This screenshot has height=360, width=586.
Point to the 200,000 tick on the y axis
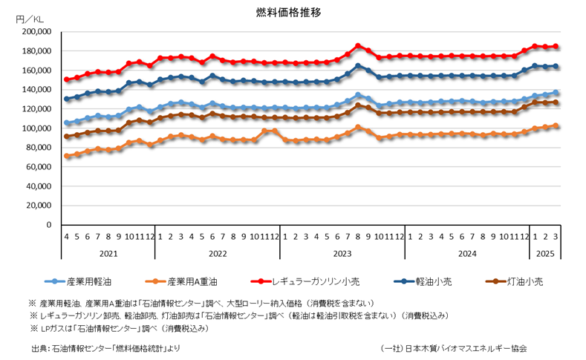click(x=36, y=32)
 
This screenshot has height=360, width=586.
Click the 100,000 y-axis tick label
click(x=36, y=128)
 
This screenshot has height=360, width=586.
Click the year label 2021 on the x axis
click(x=108, y=252)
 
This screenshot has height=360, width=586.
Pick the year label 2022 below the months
click(x=218, y=252)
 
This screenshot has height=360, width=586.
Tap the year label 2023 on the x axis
click(x=342, y=252)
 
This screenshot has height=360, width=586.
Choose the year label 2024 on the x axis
click(x=467, y=252)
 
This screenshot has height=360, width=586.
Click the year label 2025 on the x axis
click(x=545, y=252)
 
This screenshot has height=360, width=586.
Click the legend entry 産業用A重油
click(x=192, y=282)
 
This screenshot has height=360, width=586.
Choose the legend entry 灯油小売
click(x=525, y=282)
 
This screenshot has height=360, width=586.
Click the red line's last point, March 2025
click(x=556, y=46)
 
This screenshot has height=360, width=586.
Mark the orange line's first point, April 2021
click(x=67, y=156)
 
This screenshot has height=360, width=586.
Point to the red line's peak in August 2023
click(x=358, y=45)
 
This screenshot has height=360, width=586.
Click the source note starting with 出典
click(x=105, y=347)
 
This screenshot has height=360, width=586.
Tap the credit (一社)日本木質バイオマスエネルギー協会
click(x=454, y=347)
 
